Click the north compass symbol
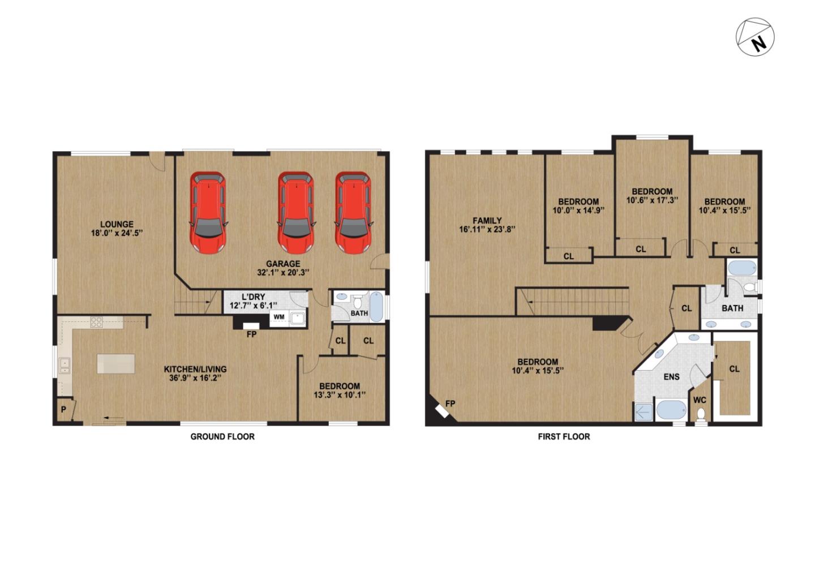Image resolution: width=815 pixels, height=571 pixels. (x=755, y=37)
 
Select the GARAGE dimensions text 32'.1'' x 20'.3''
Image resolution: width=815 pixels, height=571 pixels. (x=283, y=272)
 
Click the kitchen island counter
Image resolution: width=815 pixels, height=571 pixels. (x=116, y=363)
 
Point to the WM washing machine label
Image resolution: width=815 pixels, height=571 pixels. (x=279, y=317)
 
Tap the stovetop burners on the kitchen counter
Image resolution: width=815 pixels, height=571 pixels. (x=96, y=322)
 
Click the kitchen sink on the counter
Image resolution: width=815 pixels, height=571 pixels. (x=65, y=366)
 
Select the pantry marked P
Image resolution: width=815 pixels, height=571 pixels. (x=64, y=410)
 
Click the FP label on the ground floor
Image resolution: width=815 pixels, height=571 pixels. (x=251, y=334)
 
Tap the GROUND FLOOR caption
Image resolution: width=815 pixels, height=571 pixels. (x=222, y=436)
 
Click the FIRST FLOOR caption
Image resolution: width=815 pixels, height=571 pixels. (x=564, y=436)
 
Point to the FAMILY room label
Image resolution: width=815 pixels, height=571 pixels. (x=487, y=220)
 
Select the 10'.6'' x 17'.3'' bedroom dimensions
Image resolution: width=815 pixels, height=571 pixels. (x=653, y=200)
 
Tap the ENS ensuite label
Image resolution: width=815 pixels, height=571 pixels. (x=672, y=377)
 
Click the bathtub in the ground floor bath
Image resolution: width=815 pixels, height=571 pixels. (x=376, y=306)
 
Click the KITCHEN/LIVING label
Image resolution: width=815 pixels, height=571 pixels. (x=195, y=369)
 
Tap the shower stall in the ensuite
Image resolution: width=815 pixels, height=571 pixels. (x=644, y=412)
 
